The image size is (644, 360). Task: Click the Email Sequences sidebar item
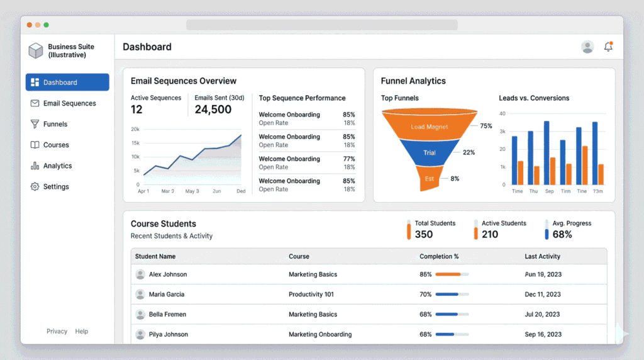point(69,103)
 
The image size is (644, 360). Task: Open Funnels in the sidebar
point(55,124)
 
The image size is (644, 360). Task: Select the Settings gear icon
point(35,187)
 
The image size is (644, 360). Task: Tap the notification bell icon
point(608,47)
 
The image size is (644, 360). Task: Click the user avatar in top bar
point(587,47)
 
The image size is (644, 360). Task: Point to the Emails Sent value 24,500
point(213,110)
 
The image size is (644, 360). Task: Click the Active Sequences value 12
point(136,110)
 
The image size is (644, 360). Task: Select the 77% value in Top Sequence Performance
point(348,159)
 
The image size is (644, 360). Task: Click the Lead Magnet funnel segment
point(430,127)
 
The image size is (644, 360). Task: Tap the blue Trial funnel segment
point(430,153)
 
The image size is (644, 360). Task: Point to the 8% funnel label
point(455,179)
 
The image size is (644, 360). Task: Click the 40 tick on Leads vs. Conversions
point(502,114)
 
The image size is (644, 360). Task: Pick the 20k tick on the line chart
point(135,129)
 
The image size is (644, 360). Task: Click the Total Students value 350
point(424,234)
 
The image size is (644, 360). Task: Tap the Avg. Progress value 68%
point(562,234)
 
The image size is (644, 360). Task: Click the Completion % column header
point(439,257)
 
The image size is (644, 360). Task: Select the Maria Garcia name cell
point(167,295)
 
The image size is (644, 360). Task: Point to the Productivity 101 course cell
point(311,295)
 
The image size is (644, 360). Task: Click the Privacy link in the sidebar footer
point(57,332)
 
